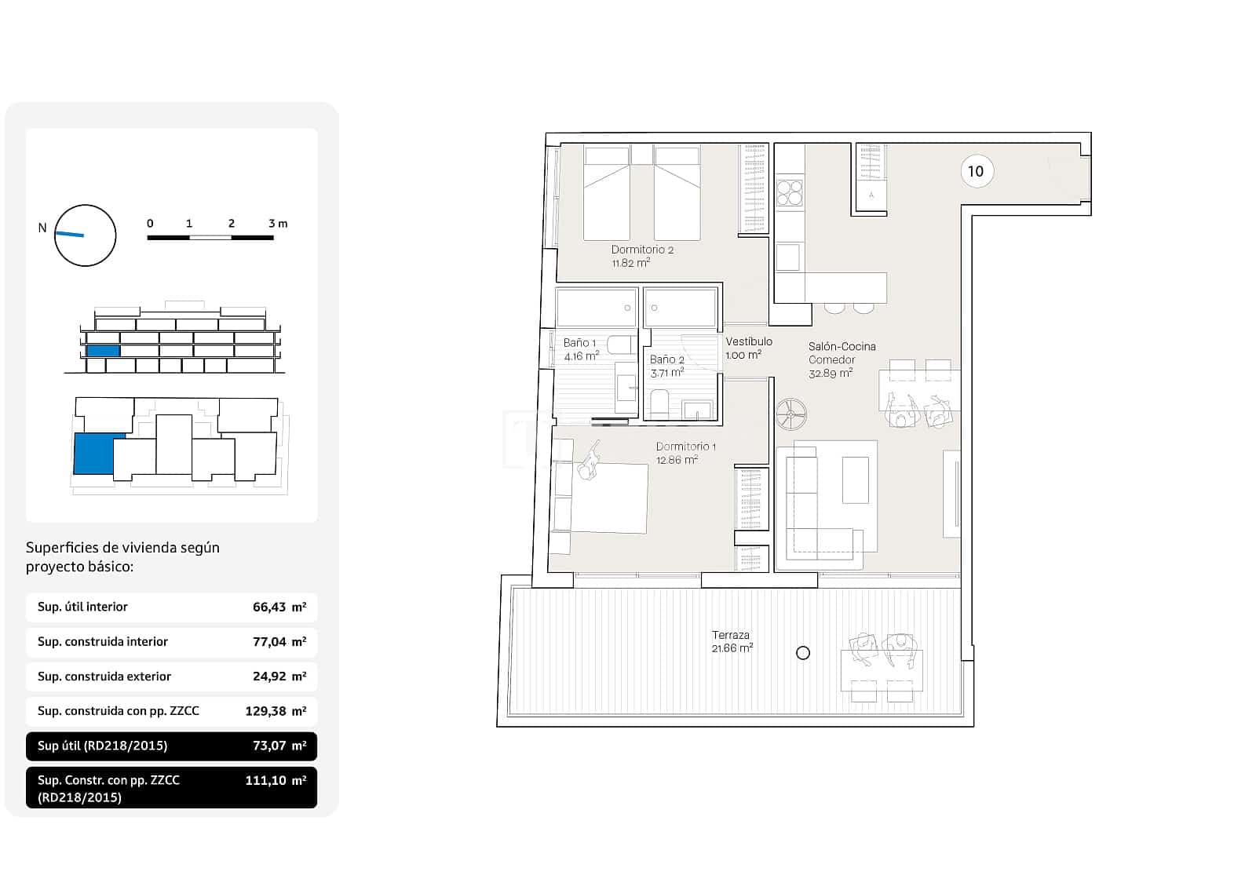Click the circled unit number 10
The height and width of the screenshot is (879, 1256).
975,171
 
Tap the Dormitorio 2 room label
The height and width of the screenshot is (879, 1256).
642,256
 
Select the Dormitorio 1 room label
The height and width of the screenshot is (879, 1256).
685,453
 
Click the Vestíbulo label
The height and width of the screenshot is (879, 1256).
748,348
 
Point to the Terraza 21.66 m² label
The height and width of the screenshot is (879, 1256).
732,641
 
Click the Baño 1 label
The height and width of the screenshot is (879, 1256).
580,349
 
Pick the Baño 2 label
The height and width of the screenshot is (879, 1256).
666,366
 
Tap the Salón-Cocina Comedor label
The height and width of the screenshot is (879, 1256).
841,359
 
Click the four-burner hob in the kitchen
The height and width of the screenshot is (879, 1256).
790,193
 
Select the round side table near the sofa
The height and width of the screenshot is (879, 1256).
791,414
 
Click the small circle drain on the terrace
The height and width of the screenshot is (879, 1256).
802,652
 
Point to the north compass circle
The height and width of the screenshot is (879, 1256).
85,235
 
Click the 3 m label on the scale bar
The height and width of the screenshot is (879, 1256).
278,224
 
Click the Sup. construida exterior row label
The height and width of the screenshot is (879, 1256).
104,677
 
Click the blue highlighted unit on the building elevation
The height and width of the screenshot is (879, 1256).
103,351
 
